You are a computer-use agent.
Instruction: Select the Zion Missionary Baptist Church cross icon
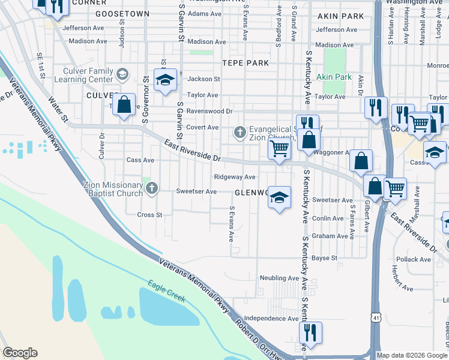(x=151, y=190)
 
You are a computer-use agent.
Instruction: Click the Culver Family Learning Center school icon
(x=122, y=74)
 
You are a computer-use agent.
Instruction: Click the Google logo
(x=20, y=353)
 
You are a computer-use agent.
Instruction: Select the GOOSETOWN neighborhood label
(x=122, y=13)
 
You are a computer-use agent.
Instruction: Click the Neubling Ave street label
(x=279, y=278)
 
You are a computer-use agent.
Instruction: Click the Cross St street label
(x=150, y=215)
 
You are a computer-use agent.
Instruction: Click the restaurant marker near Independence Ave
(x=310, y=332)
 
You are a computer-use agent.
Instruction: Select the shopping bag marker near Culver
(x=124, y=105)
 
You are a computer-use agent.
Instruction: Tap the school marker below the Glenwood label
(x=279, y=199)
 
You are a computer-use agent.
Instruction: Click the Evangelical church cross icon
(x=240, y=132)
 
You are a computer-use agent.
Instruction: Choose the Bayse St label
(x=325, y=258)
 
